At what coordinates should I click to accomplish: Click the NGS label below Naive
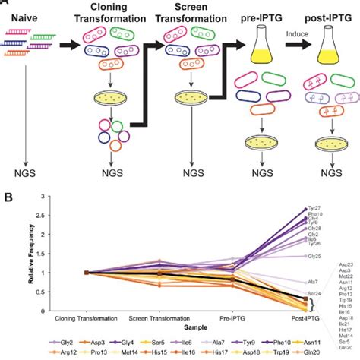[x=26, y=182]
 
